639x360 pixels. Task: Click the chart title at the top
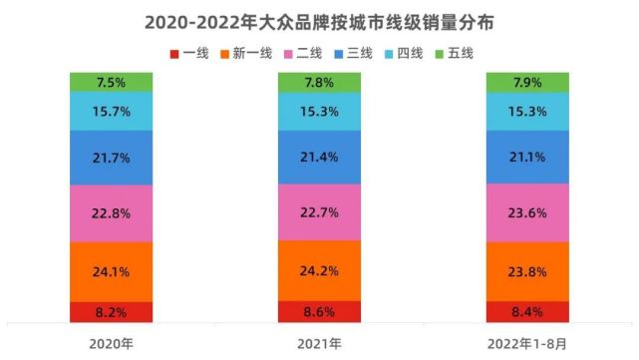pos(319,20)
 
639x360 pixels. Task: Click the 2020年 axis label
pos(111,342)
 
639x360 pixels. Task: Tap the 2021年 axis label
pos(319,342)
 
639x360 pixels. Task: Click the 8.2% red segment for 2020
pos(111,312)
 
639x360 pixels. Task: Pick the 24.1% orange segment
pos(111,271)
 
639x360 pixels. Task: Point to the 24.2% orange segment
pos(319,270)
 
